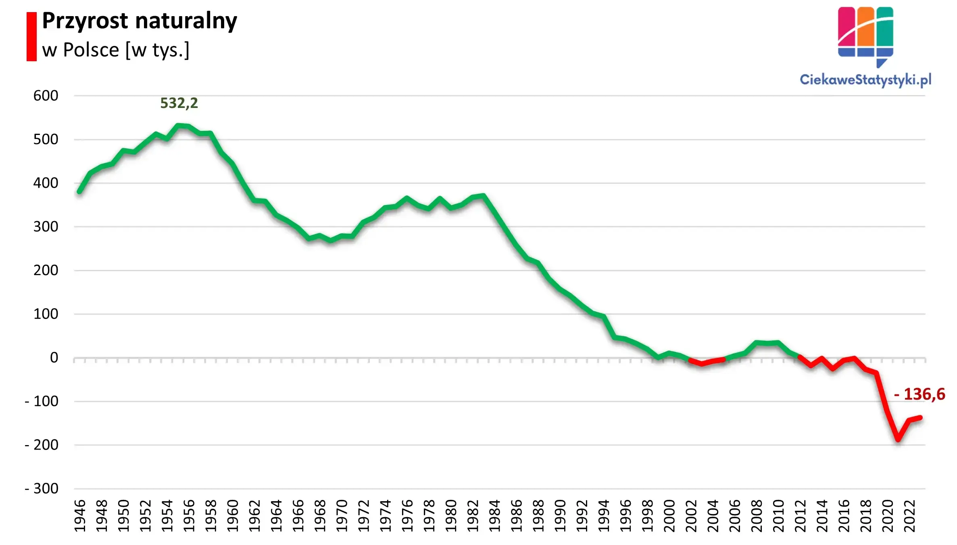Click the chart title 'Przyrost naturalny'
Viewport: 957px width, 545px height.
point(140,21)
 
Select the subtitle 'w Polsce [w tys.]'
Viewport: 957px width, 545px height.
point(116,50)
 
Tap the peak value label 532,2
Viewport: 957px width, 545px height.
point(179,103)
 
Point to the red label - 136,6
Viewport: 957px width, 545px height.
point(919,394)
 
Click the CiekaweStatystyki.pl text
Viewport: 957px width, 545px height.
point(865,79)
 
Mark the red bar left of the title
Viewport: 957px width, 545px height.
point(31,37)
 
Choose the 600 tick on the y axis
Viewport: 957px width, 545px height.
point(46,96)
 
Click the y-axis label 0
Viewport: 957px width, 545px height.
point(54,358)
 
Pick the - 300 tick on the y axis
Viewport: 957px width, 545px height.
point(42,489)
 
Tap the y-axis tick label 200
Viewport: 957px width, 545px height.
point(46,270)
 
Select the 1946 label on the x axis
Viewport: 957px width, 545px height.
point(80,516)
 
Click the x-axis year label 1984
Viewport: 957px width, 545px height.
point(494,516)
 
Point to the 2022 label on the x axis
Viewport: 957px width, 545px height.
point(909,516)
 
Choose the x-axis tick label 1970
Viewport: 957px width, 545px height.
point(342,516)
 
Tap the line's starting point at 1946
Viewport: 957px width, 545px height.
point(79,192)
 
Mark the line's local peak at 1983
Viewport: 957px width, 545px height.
point(484,196)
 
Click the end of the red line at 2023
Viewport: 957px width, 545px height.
point(920,418)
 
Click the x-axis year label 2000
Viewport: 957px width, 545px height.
point(669,516)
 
